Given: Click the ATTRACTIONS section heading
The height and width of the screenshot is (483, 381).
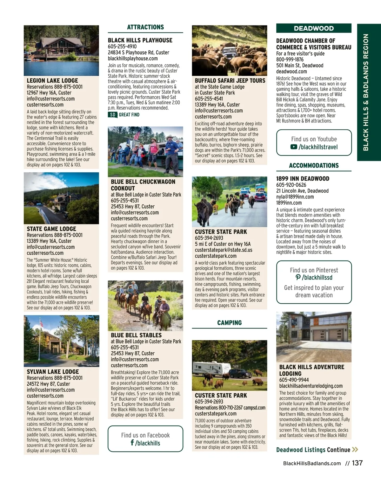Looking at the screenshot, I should (x=145, y=27).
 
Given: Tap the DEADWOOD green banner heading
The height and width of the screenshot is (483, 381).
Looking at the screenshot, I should (x=314, y=28).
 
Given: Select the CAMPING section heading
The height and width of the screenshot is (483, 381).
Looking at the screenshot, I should (x=229, y=323).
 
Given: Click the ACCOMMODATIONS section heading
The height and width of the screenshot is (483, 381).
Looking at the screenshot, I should (x=314, y=165).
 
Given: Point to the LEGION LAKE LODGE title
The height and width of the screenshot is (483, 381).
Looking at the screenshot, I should (x=52, y=81).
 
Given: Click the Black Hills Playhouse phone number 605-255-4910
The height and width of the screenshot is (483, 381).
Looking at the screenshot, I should (x=122, y=46).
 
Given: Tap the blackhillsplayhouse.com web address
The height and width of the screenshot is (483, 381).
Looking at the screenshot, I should (x=133, y=59).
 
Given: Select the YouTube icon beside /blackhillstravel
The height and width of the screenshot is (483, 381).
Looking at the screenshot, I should (x=294, y=147).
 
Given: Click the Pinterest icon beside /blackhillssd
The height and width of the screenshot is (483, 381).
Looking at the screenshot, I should (x=298, y=277).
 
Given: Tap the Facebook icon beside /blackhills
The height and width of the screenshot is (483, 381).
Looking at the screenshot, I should (x=132, y=442).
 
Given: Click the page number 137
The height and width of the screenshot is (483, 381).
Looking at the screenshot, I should (x=357, y=463).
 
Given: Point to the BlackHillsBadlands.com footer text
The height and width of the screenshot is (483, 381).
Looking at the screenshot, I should (x=312, y=464).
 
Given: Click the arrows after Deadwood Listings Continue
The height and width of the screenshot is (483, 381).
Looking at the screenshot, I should (x=355, y=450).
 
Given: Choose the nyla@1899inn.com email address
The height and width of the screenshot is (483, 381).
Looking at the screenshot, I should (x=295, y=197).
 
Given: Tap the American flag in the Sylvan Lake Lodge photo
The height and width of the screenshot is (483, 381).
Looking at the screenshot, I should (x=41, y=324).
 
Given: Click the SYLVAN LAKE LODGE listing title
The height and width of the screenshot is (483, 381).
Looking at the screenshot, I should (x=53, y=372).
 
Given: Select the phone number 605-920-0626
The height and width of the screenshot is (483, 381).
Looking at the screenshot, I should (x=291, y=185).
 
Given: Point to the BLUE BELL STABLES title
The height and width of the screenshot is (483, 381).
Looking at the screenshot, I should (x=136, y=335).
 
